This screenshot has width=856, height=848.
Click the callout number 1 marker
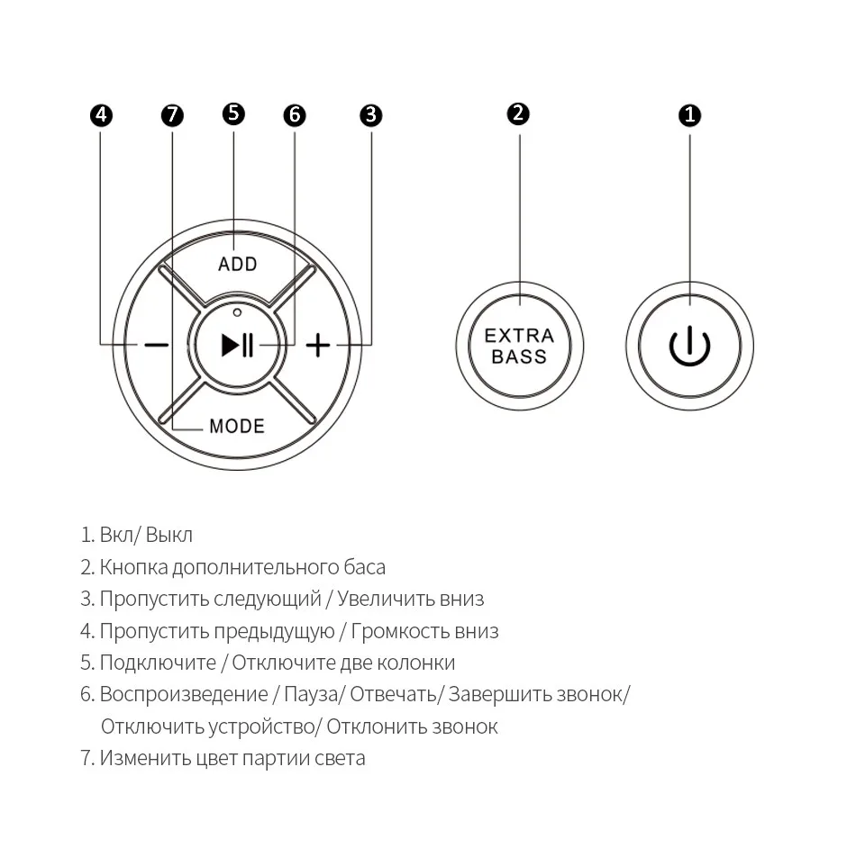pos(689,115)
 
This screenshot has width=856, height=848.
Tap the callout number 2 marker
pos(518,114)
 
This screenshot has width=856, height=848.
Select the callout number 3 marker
pos(370,115)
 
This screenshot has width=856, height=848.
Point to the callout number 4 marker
pos(101,115)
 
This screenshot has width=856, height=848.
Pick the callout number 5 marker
pos(233,113)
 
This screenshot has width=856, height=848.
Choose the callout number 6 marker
pos(295,115)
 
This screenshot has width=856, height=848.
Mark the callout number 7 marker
pos(172,115)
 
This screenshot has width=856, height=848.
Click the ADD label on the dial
pos(238,264)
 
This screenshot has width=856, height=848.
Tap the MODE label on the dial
pos(237,426)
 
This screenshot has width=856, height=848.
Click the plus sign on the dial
pos(317,345)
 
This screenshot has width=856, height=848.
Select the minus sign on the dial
pos(157,345)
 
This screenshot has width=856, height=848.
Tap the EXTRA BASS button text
pos(519,347)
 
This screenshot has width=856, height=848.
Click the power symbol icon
pos(689,347)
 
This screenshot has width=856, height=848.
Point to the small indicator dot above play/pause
pos(237,312)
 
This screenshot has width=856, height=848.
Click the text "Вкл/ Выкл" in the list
pos(146,535)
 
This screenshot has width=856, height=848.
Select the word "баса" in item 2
pos(364,567)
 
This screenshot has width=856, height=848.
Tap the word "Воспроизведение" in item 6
pos(184,694)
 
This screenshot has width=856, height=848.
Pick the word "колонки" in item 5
pos(421,663)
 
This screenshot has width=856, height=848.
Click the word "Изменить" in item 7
pos(145,758)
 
